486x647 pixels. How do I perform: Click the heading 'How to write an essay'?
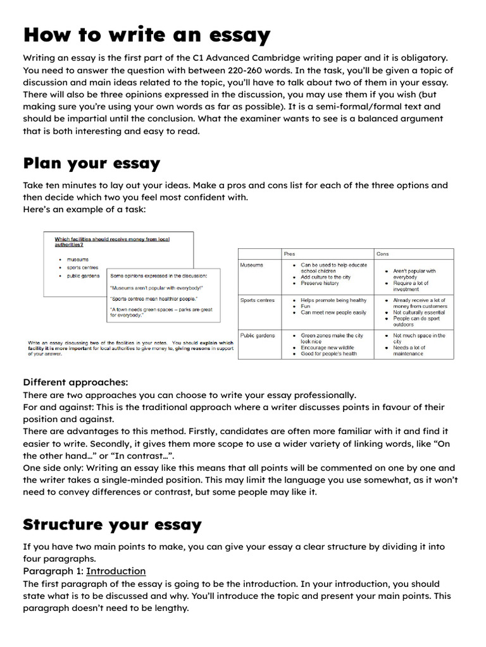coord(146,35)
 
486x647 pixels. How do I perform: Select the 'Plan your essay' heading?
coord(92,164)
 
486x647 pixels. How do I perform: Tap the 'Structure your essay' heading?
coord(112,524)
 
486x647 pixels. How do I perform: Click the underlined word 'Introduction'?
coord(116,571)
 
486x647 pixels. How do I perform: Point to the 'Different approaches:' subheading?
coord(75,382)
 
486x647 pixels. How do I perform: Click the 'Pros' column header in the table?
coord(289,253)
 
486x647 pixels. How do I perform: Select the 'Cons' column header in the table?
coord(382,253)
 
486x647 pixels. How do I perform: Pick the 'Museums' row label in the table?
coord(252,265)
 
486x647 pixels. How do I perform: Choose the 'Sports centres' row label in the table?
coord(258,300)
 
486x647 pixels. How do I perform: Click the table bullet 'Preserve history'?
coord(320,284)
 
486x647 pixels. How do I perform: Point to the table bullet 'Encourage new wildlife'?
coord(327,348)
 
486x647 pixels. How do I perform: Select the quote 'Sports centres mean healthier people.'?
coord(154,298)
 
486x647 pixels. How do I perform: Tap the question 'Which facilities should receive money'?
coord(112,239)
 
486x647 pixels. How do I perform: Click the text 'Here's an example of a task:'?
coord(84,209)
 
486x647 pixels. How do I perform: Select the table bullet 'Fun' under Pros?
coord(306,306)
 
